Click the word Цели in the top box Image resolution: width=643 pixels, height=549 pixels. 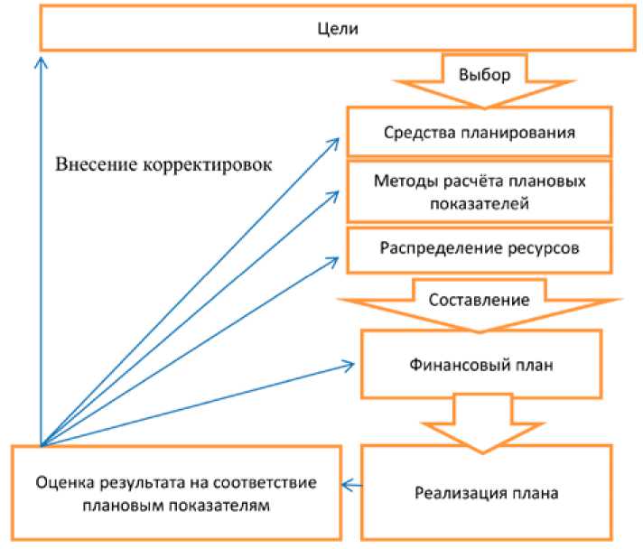point(339,30)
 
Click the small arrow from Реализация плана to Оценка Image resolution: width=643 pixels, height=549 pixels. point(351,486)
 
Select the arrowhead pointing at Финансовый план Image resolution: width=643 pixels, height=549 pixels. point(348,365)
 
